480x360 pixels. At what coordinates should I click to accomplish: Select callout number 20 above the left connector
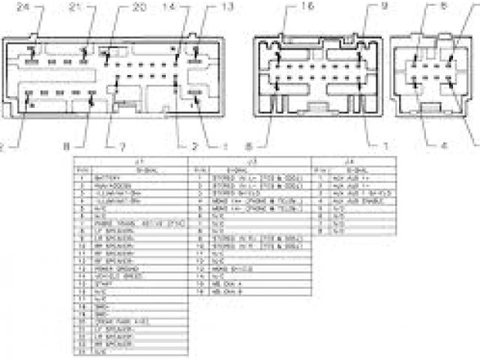pyautogui.click(x=138, y=7)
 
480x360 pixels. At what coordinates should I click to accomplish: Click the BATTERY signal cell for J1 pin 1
pyautogui.click(x=108, y=178)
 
